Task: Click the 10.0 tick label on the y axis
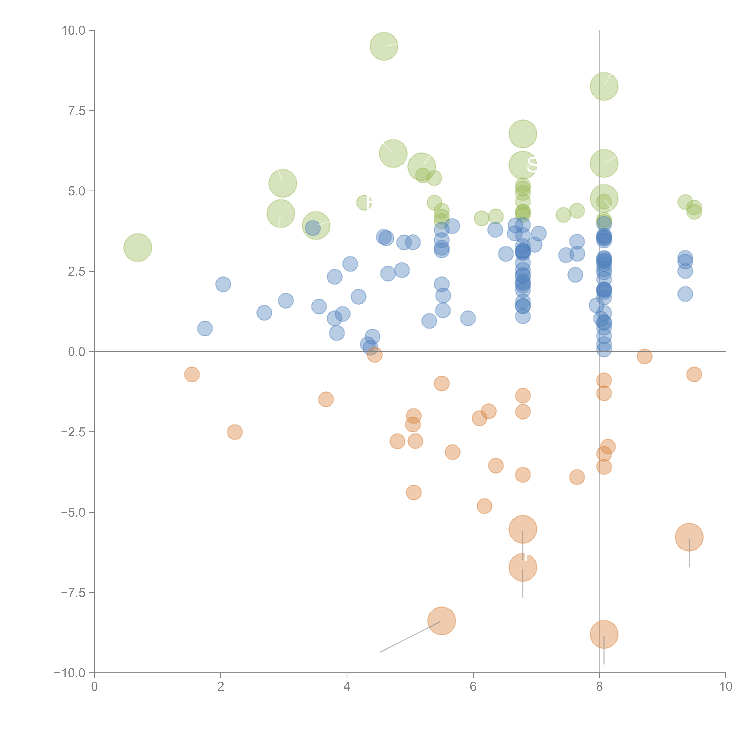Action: (74, 31)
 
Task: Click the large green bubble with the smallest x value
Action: (138, 247)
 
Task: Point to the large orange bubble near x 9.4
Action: (689, 537)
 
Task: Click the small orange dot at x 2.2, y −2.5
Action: (234, 432)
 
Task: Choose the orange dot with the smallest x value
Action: (192, 375)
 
